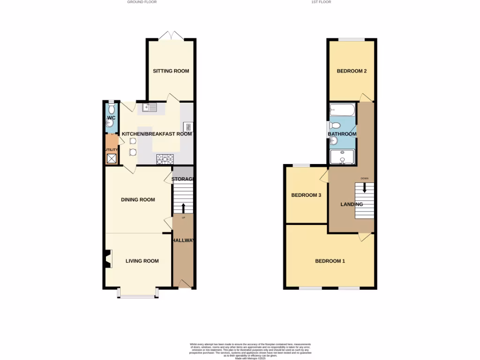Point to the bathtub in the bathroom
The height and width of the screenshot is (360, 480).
tap(342, 111)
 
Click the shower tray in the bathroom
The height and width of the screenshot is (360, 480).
tap(343, 157)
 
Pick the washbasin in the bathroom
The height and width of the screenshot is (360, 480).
tap(334, 140)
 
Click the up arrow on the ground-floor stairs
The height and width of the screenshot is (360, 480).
tap(183, 208)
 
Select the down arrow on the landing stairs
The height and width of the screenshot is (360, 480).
tap(365, 187)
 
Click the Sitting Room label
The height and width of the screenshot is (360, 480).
tap(171, 71)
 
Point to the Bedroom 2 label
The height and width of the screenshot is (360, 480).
tap(352, 71)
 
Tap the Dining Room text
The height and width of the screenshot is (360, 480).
tap(138, 200)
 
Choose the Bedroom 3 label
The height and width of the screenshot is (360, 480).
tap(306, 195)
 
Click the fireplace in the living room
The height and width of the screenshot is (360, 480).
tap(108, 259)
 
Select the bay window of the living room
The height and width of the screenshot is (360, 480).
tap(138, 295)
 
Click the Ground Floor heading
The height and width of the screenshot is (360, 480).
tap(142, 2)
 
